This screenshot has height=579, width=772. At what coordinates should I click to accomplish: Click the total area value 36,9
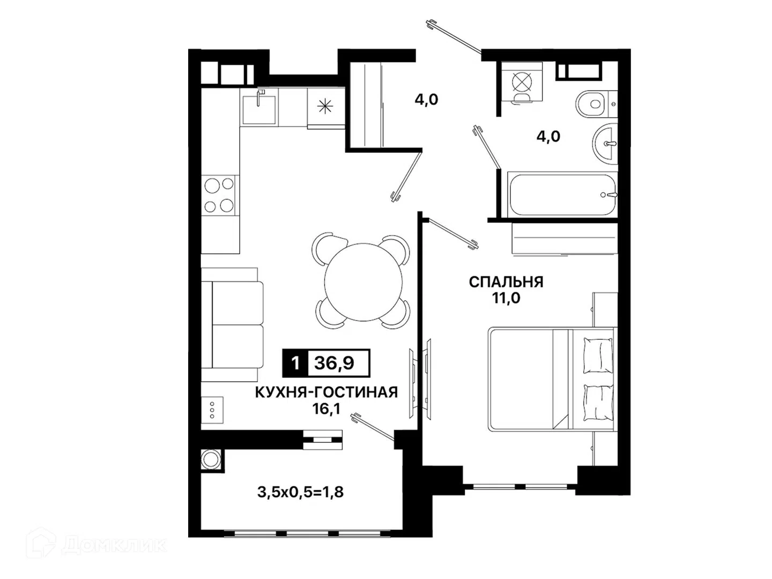click(334, 363)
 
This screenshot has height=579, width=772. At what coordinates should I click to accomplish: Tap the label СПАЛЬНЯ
click(506, 283)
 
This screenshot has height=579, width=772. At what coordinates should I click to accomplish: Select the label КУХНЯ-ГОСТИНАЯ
click(326, 392)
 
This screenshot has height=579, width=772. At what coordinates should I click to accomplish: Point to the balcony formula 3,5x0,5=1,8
click(300, 493)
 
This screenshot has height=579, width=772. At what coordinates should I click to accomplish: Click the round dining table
click(363, 282)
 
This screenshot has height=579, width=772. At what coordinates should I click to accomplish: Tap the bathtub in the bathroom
click(562, 195)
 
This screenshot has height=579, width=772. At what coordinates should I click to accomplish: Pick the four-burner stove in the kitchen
click(219, 195)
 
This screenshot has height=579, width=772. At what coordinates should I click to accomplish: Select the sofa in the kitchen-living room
click(232, 325)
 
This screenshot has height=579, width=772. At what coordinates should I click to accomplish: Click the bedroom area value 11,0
click(506, 298)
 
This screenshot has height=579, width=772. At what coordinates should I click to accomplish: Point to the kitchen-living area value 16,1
click(326, 409)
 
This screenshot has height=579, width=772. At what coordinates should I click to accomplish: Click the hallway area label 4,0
click(426, 100)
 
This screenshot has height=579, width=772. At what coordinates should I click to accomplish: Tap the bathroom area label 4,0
click(548, 136)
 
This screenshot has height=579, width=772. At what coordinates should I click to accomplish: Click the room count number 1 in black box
click(295, 363)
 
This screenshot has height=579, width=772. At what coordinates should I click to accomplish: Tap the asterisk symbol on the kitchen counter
click(325, 106)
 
